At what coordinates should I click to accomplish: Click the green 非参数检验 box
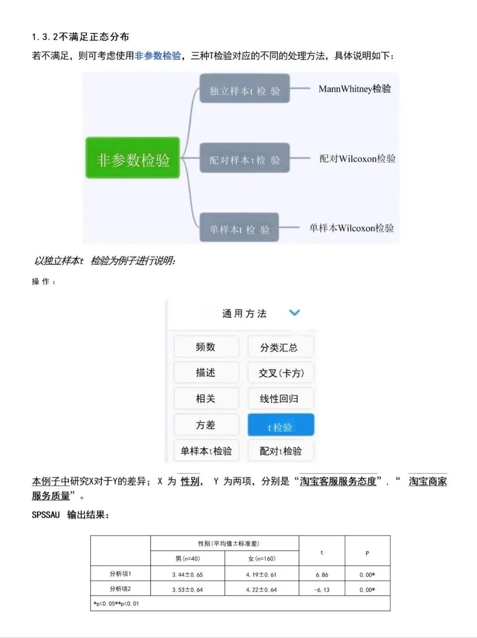tap(132, 158)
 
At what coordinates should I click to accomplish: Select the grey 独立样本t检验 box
tap(245, 89)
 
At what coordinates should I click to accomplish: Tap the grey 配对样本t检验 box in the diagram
tap(245, 158)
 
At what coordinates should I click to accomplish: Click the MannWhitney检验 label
tap(355, 89)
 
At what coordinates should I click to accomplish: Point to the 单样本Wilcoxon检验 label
tap(352, 228)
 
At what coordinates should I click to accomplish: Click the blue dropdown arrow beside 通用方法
tap(294, 313)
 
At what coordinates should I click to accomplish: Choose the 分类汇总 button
tap(280, 347)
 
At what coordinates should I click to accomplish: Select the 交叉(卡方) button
tap(281, 373)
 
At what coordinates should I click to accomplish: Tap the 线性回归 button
tap(280, 398)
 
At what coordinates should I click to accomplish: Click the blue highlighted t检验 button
tap(280, 425)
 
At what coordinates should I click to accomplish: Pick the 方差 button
tap(206, 425)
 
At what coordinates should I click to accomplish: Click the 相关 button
tap(206, 398)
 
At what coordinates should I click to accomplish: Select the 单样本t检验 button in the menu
tap(206, 451)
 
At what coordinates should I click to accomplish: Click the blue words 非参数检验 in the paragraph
tap(158, 56)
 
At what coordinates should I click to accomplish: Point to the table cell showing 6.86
tap(322, 574)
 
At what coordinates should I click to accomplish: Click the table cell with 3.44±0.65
tap(188, 574)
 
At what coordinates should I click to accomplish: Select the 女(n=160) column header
tap(262, 558)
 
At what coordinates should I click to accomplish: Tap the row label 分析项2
tap(120, 588)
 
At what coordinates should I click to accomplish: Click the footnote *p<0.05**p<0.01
tap(116, 603)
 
